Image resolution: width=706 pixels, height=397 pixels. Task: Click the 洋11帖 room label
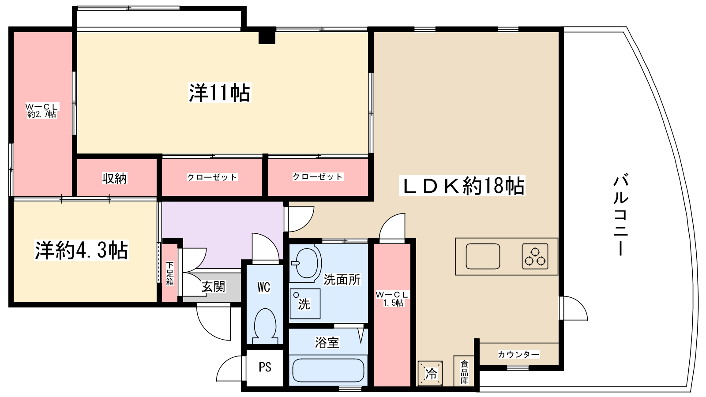(x=219, y=93)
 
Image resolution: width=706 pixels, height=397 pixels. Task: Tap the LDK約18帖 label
(x=462, y=186)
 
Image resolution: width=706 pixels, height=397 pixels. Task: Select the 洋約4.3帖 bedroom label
(x=82, y=250)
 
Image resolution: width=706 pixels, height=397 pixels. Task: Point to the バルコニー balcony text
(x=620, y=215)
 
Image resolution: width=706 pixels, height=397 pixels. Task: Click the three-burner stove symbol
(x=535, y=256)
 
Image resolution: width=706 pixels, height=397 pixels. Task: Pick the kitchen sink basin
(x=483, y=256)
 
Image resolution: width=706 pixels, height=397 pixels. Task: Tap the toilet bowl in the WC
(x=265, y=324)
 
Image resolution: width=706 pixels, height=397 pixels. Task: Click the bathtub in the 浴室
(x=328, y=371)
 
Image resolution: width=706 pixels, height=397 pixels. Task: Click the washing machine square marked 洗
(x=304, y=303)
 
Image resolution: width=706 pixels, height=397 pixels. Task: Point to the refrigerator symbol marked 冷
(x=430, y=373)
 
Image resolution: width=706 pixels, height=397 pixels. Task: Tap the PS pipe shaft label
(x=265, y=367)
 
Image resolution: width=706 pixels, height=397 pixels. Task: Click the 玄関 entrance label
(x=213, y=287)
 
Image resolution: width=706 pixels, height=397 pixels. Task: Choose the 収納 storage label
(x=114, y=178)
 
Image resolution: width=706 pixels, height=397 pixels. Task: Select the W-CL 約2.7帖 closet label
(x=41, y=111)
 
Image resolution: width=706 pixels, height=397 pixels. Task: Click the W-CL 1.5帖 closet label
(x=392, y=299)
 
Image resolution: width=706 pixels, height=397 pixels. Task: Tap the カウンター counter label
(x=518, y=355)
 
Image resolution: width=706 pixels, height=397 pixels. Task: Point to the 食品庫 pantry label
(x=464, y=372)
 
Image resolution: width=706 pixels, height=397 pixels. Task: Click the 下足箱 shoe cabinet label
(x=170, y=273)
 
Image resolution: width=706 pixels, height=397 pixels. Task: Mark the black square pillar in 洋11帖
(x=267, y=36)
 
